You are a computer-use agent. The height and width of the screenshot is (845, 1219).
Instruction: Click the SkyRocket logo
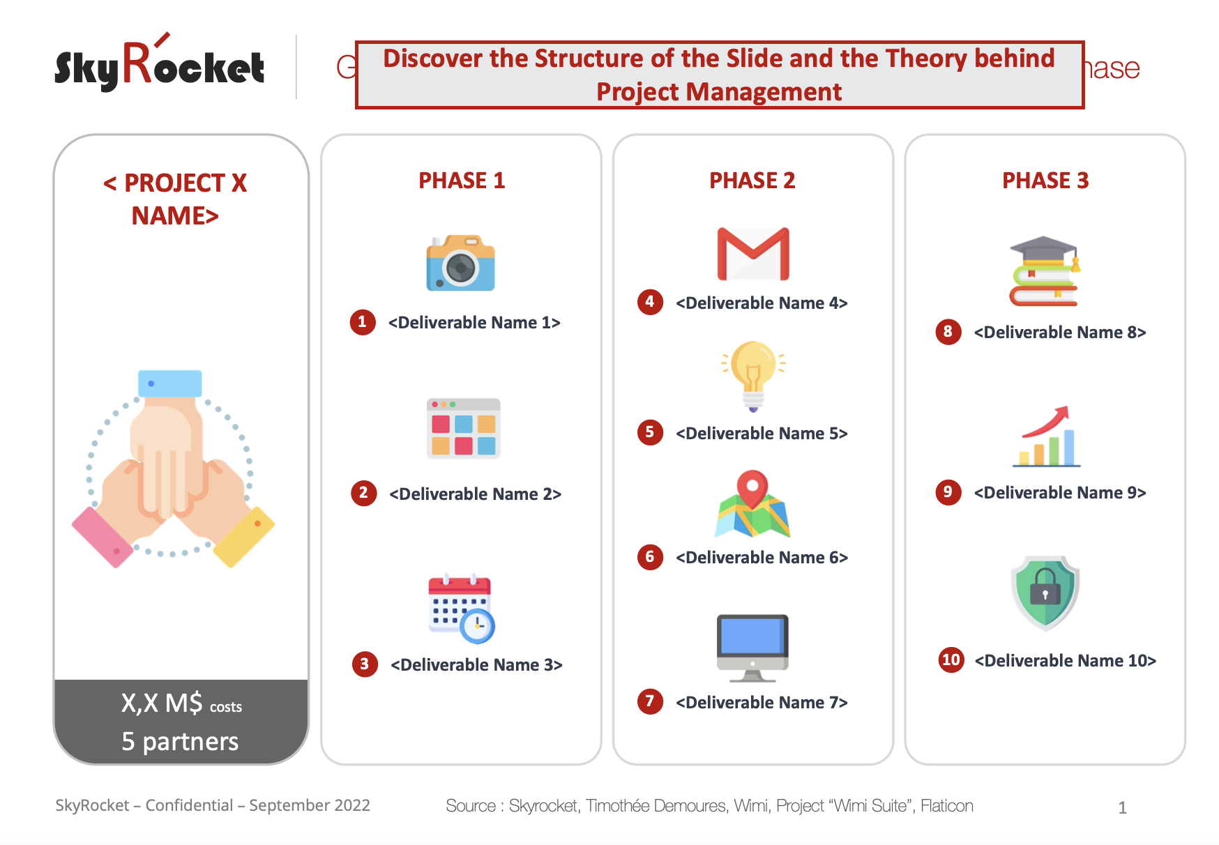coord(160,63)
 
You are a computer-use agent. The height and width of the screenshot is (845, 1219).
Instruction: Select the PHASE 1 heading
coord(462,181)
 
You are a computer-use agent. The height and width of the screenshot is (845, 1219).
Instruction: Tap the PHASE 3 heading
coord(1045,181)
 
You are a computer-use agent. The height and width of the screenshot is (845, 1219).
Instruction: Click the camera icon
coord(460,263)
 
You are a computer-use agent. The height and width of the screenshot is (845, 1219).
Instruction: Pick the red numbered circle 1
coord(363,322)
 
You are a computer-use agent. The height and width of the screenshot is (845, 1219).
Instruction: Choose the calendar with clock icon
coord(461,609)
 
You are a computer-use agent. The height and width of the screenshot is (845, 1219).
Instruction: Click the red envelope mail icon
coord(753,254)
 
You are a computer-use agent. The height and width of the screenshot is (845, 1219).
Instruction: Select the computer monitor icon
coord(752,648)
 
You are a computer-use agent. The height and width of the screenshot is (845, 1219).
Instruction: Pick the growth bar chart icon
coord(1047,436)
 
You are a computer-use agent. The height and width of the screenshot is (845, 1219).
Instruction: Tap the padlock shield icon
coord(1045,593)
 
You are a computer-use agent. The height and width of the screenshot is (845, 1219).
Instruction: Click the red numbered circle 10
coord(951,660)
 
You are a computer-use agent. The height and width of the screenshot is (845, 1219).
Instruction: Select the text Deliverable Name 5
coord(762,434)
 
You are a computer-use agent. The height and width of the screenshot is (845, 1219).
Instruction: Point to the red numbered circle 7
coord(650,701)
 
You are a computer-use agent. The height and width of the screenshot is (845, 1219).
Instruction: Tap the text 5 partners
coord(180,741)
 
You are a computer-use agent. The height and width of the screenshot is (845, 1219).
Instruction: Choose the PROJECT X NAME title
coord(175,199)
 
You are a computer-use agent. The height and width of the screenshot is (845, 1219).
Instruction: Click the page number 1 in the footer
coord(1123,807)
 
